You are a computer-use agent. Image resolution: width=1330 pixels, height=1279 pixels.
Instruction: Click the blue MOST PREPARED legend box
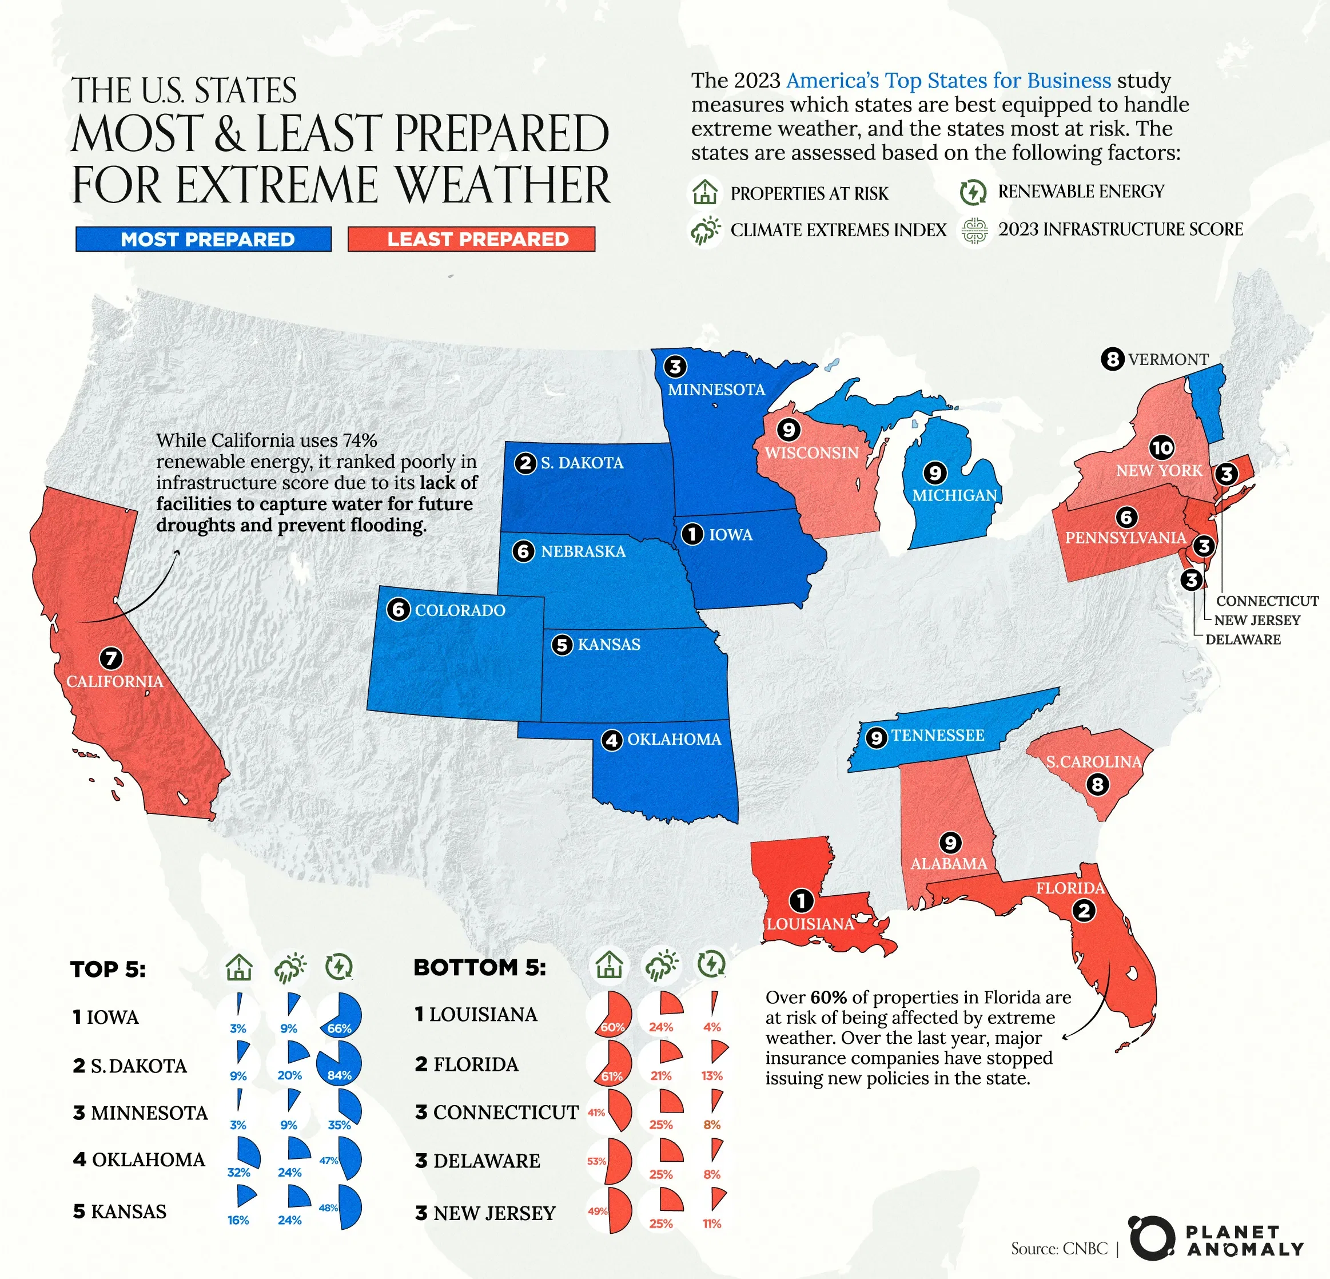pyautogui.click(x=204, y=239)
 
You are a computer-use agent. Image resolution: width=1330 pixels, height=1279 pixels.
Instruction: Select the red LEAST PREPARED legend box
pyautogui.click(x=471, y=239)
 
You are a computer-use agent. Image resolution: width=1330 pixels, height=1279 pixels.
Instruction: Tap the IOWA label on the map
pyautogui.click(x=731, y=535)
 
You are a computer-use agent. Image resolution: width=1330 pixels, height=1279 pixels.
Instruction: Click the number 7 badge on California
pyautogui.click(x=110, y=658)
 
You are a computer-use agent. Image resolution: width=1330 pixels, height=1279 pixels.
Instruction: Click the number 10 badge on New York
pyautogui.click(x=1161, y=447)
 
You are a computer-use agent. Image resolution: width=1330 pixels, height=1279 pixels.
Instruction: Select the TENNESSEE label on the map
pyautogui.click(x=937, y=735)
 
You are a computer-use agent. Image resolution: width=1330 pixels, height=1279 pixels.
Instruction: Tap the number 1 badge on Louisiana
pyautogui.click(x=801, y=901)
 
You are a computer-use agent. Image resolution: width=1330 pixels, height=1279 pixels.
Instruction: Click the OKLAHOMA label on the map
pyautogui.click(x=674, y=739)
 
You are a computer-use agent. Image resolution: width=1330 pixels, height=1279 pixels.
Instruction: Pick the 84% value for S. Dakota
pyautogui.click(x=339, y=1075)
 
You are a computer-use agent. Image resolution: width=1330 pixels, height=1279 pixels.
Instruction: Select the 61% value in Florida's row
pyautogui.click(x=611, y=1077)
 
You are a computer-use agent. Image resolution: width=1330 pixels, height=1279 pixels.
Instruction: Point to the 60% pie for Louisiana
pyautogui.click(x=610, y=1014)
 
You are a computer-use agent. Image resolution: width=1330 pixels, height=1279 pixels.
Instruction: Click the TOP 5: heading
pyautogui.click(x=108, y=969)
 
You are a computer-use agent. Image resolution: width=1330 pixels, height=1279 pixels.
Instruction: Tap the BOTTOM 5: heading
pyautogui.click(x=479, y=967)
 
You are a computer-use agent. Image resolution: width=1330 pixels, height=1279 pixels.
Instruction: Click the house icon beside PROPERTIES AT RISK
pyautogui.click(x=705, y=193)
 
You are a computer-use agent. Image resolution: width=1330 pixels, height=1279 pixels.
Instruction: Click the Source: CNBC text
pyautogui.click(x=1058, y=1248)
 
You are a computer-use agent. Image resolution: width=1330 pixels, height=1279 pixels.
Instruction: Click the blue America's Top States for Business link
pyautogui.click(x=948, y=81)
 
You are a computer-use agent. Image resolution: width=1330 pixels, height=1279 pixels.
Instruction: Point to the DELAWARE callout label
pyautogui.click(x=1243, y=639)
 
